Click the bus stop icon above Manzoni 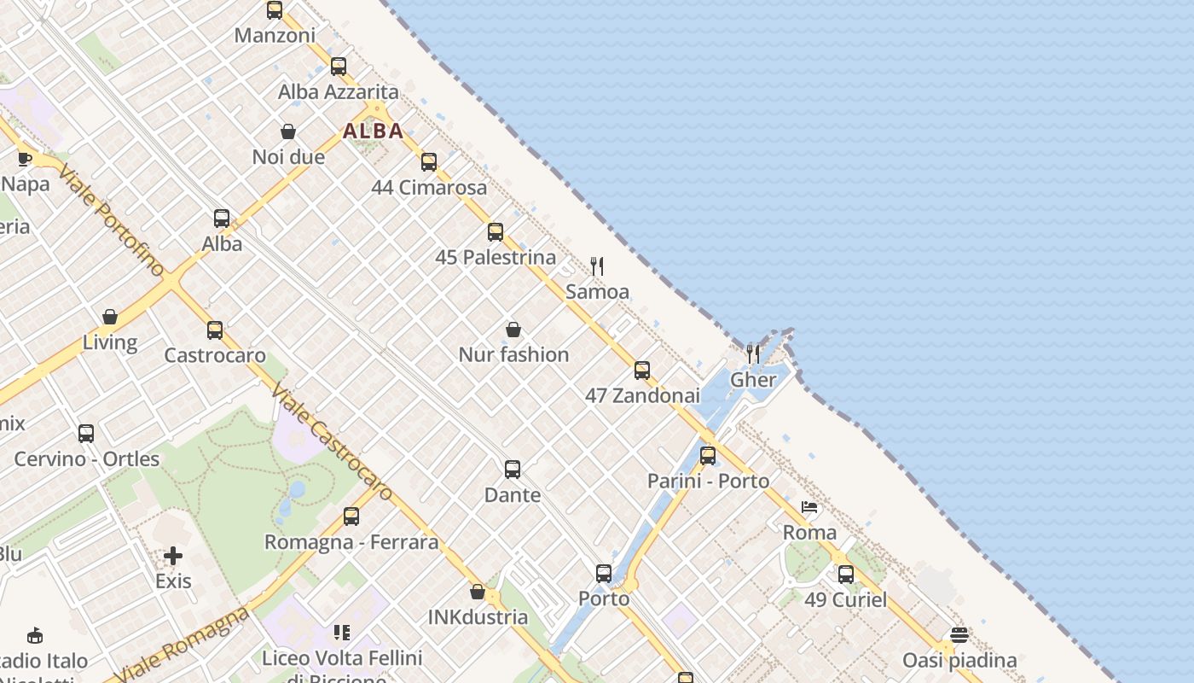click(x=274, y=10)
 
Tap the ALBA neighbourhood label click(x=373, y=131)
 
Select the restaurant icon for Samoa click(x=597, y=266)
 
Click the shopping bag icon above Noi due click(x=288, y=131)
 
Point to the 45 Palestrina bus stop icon click(x=496, y=231)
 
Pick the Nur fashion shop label click(x=513, y=354)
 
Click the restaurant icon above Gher click(x=753, y=353)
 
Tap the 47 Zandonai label click(x=642, y=395)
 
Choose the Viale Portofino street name click(x=111, y=220)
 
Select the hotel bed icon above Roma click(x=809, y=507)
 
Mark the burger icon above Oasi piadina click(x=959, y=635)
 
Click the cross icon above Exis click(x=173, y=556)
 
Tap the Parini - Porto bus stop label click(x=708, y=481)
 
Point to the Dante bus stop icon click(x=513, y=469)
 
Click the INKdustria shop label click(x=478, y=616)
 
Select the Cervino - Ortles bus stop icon click(x=86, y=433)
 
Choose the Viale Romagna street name click(x=181, y=645)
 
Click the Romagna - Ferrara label click(x=351, y=541)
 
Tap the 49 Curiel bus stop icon click(x=845, y=574)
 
